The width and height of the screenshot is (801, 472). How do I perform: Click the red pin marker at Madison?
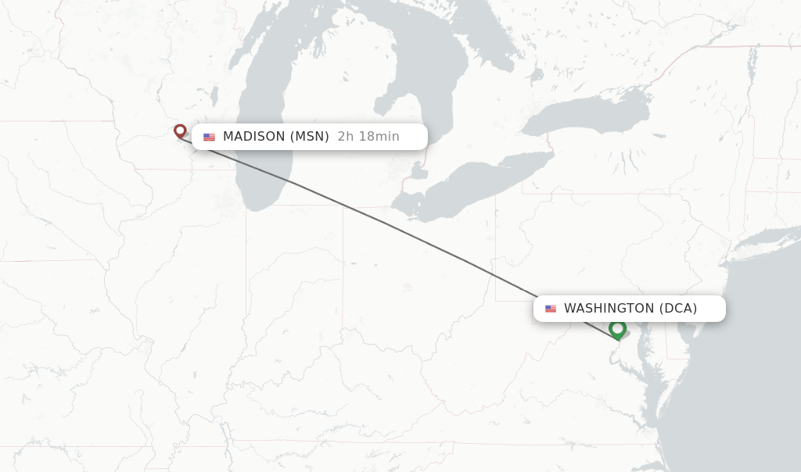click(x=180, y=131)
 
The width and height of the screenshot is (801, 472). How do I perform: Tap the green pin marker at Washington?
click(x=618, y=329)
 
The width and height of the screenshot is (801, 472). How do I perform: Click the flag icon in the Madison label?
click(x=209, y=137)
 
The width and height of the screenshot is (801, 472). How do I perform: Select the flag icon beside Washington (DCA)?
click(x=551, y=309)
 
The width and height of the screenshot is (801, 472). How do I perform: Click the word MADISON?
click(x=253, y=137)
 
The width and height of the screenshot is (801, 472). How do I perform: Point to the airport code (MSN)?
click(x=310, y=137)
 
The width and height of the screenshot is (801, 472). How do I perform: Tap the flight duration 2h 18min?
click(x=368, y=137)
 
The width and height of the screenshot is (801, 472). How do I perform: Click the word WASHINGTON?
click(x=609, y=309)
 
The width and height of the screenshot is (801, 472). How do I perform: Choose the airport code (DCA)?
click(x=678, y=309)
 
